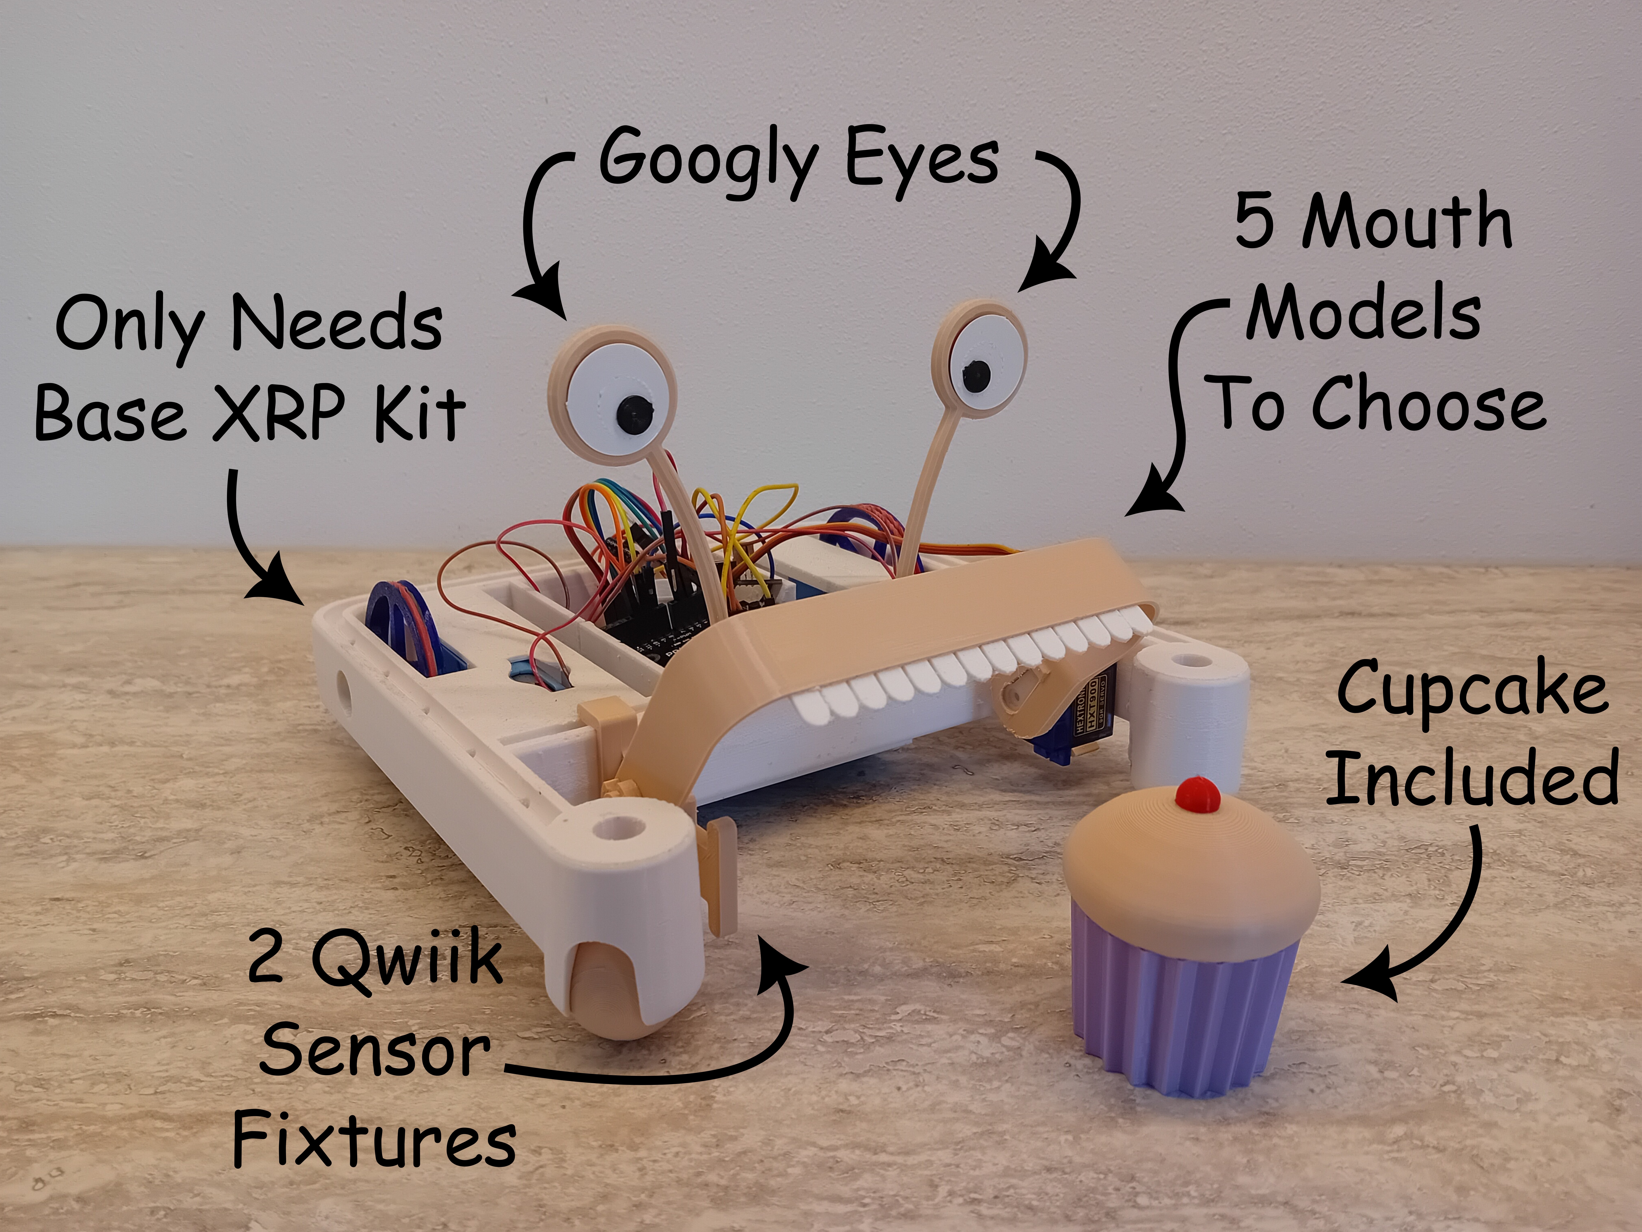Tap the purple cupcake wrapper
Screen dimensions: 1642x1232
(1186, 1010)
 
